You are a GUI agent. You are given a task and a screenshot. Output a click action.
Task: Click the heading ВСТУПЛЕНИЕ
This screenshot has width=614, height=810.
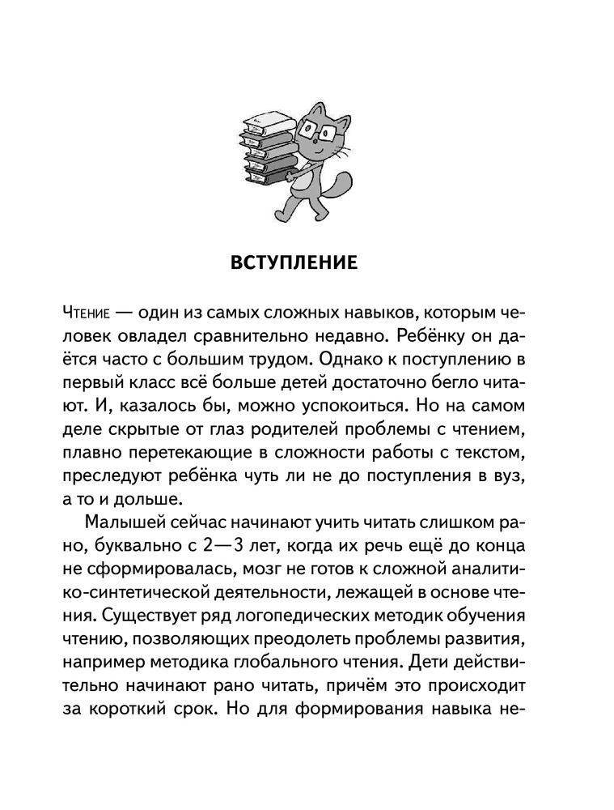(x=306, y=265)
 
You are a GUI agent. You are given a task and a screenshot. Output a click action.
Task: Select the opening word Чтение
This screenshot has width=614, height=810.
(x=87, y=313)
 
